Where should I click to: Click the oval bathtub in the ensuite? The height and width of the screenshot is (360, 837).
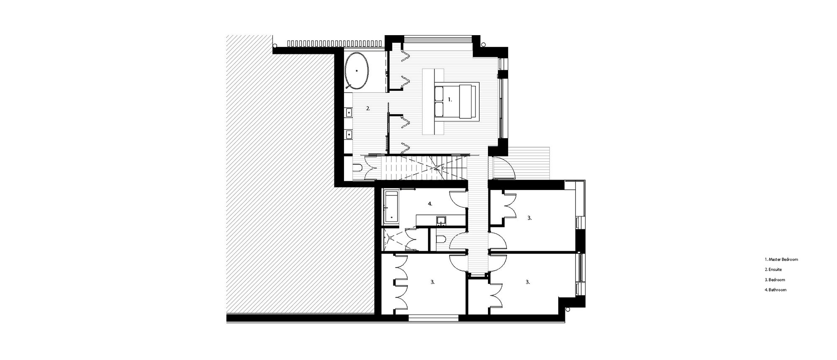point(357,71)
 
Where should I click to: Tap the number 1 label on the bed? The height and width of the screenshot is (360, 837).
point(450,100)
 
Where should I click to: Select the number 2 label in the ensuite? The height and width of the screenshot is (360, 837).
point(368,108)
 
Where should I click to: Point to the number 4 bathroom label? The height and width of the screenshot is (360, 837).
point(430,204)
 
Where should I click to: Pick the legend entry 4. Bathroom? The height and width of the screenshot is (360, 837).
point(775,290)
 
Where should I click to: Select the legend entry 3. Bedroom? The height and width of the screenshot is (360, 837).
point(775,280)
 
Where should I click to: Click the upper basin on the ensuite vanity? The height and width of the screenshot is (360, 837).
point(348,113)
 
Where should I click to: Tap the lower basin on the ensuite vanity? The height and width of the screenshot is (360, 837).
point(348,134)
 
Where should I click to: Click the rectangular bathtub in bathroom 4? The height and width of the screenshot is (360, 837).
point(391,206)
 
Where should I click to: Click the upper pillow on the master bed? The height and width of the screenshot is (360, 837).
point(439,93)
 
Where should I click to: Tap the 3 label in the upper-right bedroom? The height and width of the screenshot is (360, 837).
point(529,218)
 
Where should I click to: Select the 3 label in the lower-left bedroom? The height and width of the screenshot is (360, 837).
point(432,282)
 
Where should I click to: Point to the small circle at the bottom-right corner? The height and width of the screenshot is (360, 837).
point(568,309)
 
